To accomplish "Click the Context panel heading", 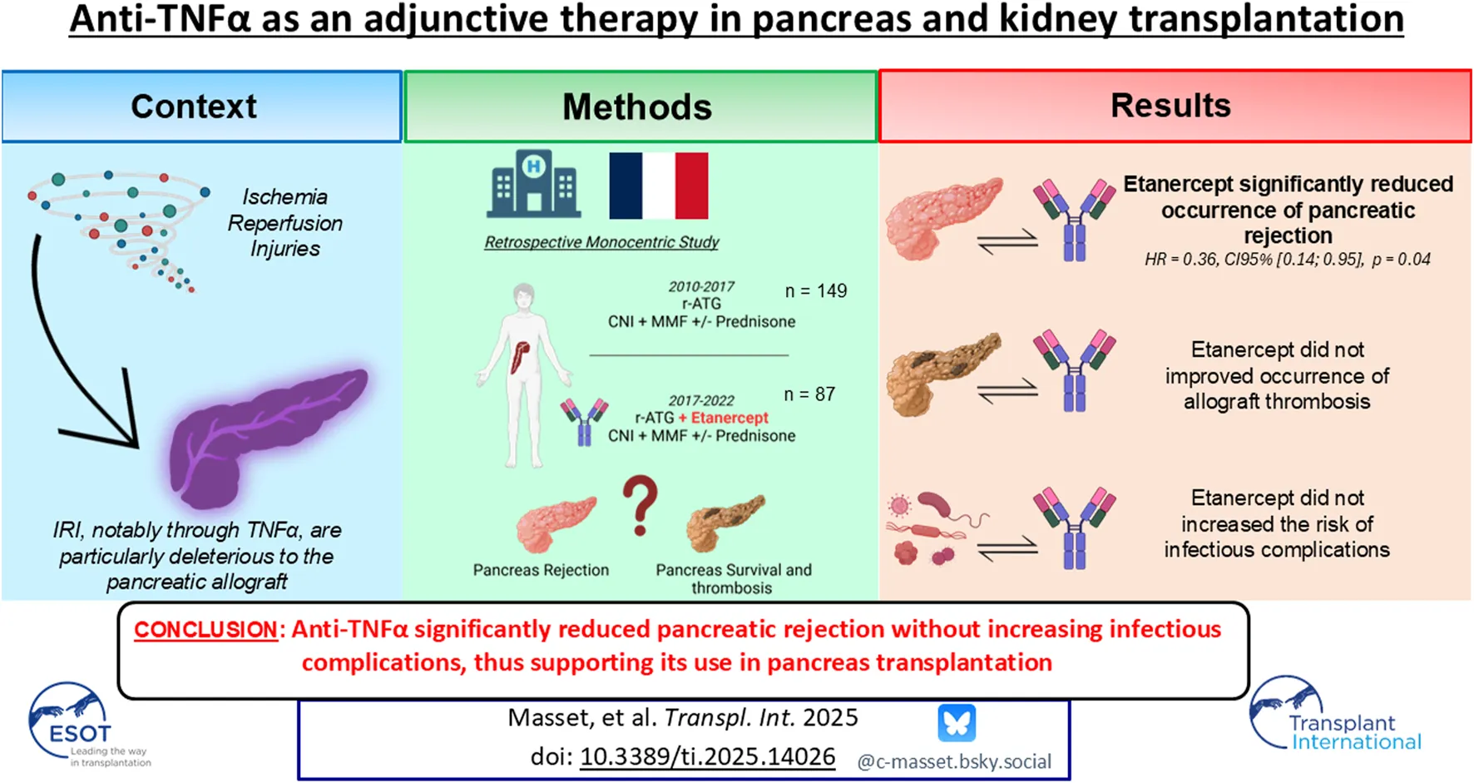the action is point(194,107).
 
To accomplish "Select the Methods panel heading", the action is point(637,107).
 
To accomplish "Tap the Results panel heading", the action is point(1170,106).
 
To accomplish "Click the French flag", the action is point(659,186).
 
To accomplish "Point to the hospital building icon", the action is point(533,184).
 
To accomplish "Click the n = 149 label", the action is point(816,291).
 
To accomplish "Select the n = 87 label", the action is point(809,394).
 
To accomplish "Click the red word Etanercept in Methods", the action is point(730,418).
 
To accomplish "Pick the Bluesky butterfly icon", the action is point(957,723).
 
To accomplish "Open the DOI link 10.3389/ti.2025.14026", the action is point(707,756).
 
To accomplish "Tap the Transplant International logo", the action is point(1336,714).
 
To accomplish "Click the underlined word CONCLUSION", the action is point(205,629).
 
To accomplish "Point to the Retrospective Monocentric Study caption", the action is point(601,242).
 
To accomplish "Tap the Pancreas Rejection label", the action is point(541,570).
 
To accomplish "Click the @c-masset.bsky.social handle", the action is point(954,761).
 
